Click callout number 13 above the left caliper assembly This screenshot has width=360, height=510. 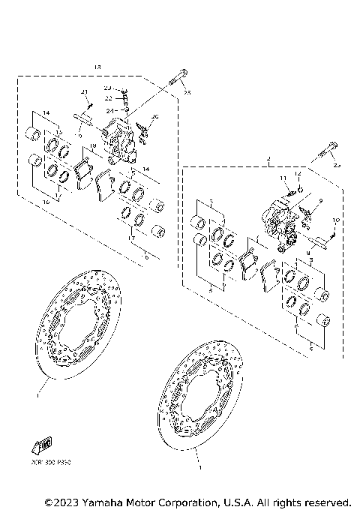[x=97, y=67]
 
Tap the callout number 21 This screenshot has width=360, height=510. [x=85, y=91]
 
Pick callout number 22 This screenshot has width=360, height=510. [x=108, y=97]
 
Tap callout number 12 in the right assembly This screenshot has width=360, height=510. [x=297, y=174]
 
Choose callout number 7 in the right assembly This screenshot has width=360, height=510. [x=212, y=203]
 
